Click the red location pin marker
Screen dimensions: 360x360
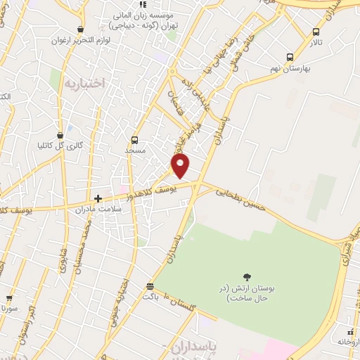[181, 166]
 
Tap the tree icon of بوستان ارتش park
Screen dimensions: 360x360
[247, 276]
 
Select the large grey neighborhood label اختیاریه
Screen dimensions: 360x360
[84, 84]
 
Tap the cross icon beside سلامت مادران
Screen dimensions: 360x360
[98, 198]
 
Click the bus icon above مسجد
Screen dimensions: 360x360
[135, 140]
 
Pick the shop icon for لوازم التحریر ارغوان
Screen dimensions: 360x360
[81, 30]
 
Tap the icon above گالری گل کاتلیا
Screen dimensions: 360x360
[60, 134]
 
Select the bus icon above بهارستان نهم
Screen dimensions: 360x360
[290, 58]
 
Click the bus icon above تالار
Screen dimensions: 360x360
[316, 32]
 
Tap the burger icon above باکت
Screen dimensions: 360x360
[149, 286]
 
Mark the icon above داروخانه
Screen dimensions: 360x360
[350, 331]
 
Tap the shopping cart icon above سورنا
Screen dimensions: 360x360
[8, 297]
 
